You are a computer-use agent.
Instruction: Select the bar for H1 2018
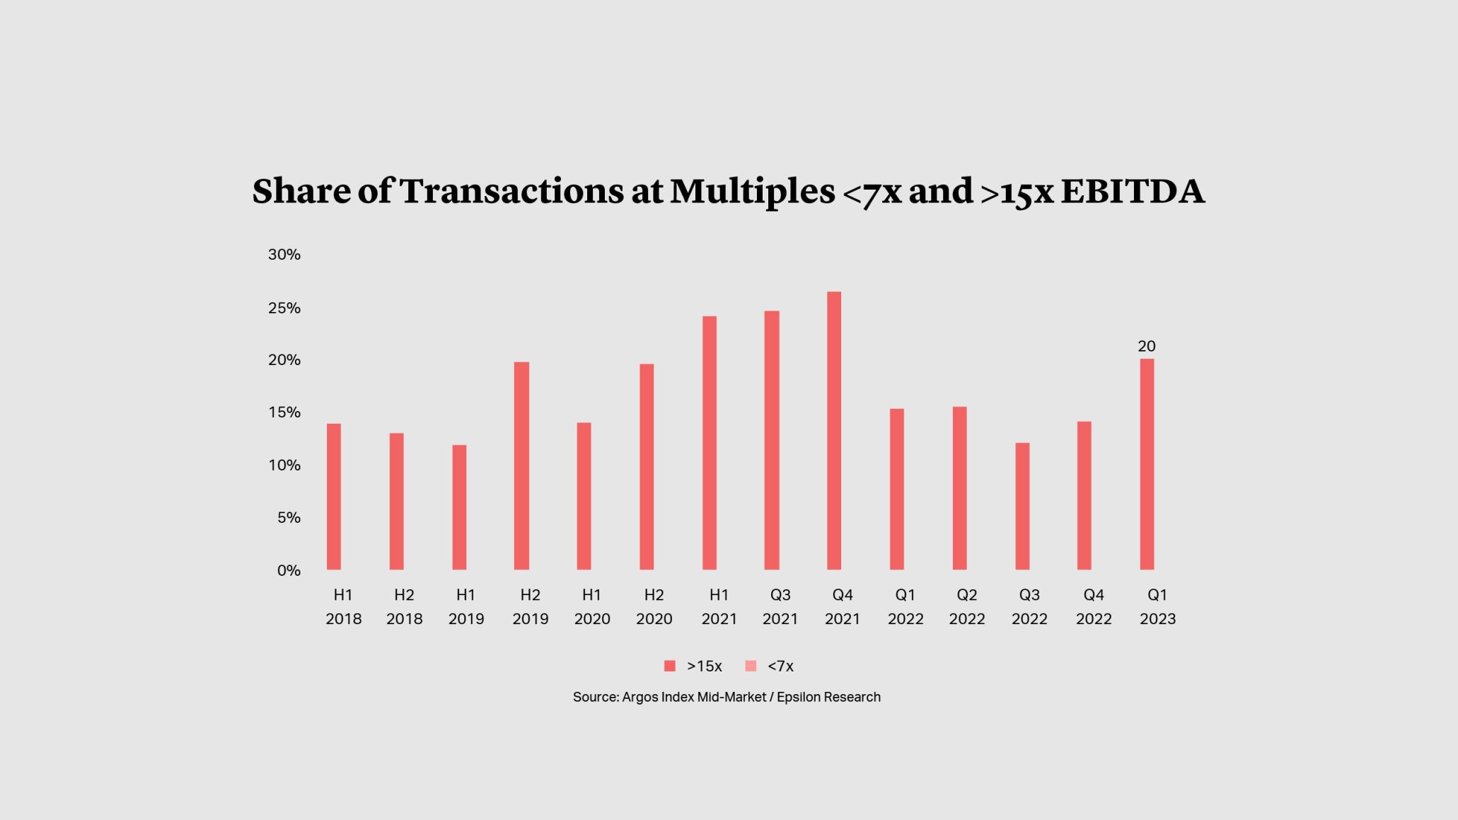pyautogui.click(x=334, y=497)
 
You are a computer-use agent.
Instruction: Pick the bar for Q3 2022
pyautogui.click(x=1022, y=506)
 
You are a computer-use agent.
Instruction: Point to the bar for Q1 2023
pyautogui.click(x=1147, y=464)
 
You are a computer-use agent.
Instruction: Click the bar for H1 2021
pyautogui.click(x=710, y=443)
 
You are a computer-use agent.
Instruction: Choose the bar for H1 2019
pyautogui.click(x=459, y=507)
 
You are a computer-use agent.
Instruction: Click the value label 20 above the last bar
pyautogui.click(x=1147, y=346)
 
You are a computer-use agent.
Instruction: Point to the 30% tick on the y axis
pyautogui.click(x=284, y=255)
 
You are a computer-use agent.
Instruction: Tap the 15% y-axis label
pyautogui.click(x=284, y=412)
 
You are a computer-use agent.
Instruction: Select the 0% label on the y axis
pyautogui.click(x=289, y=570)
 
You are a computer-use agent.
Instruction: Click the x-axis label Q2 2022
pyautogui.click(x=967, y=607)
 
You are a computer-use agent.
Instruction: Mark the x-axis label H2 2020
pyautogui.click(x=654, y=607)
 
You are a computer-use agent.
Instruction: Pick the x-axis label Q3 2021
pyautogui.click(x=780, y=607)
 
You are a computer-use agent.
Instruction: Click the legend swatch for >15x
pyautogui.click(x=670, y=666)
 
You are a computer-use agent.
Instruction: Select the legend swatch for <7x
pyautogui.click(x=751, y=666)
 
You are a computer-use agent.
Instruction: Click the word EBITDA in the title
pyautogui.click(x=1132, y=192)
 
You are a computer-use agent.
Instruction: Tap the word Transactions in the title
pyautogui.click(x=511, y=192)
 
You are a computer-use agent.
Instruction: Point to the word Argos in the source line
pyautogui.click(x=640, y=697)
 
